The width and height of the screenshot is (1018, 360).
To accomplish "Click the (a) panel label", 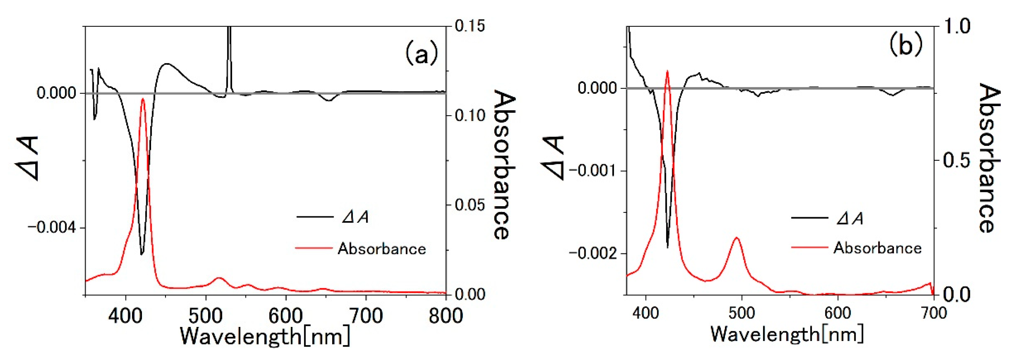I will coord(421,54).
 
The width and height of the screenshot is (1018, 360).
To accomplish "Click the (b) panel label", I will coord(906,44).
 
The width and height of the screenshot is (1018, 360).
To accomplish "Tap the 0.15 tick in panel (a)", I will coord(470,26).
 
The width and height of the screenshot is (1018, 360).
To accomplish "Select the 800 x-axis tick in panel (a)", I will coord(446,316).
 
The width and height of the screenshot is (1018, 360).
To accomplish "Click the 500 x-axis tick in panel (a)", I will coord(205,316).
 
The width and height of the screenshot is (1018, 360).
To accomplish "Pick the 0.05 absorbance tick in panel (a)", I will coord(470,205).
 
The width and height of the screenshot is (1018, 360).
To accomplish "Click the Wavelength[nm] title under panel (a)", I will coord(265,336).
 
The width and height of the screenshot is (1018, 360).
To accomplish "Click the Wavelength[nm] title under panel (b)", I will coord(787,334).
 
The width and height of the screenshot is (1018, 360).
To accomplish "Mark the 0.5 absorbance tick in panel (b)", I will coord(956,160).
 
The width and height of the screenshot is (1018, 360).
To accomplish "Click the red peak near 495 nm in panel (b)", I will coord(737,238).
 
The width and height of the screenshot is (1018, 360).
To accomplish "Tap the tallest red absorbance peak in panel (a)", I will coord(143,99).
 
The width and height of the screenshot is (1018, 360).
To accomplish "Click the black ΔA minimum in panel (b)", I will coord(667,247).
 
